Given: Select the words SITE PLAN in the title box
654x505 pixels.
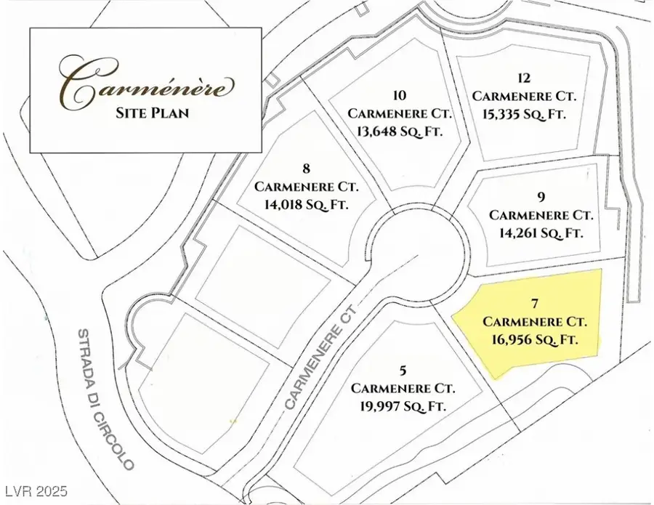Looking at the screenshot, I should click(x=148, y=114).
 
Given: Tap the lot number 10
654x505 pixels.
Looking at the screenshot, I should click(x=399, y=96).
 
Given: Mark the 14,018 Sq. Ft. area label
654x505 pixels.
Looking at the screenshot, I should click(x=306, y=204).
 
